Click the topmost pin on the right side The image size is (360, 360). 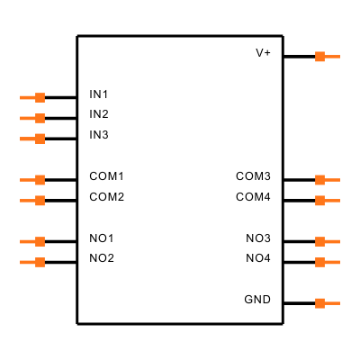click(x=320, y=57)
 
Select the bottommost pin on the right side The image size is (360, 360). click(x=320, y=303)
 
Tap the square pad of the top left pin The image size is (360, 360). click(x=40, y=97)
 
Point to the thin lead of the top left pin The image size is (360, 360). click(x=27, y=97)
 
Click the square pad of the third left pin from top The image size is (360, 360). click(x=40, y=139)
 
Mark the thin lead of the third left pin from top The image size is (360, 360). click(x=27, y=139)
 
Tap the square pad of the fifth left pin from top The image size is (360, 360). click(x=40, y=201)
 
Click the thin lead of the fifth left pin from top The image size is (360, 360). click(x=27, y=201)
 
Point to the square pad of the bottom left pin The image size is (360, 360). click(x=40, y=262)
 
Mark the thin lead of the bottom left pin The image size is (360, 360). click(x=27, y=262)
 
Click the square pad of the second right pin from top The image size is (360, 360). click(x=320, y=180)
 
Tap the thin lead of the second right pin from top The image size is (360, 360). click(x=333, y=180)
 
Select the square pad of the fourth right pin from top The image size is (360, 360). click(x=320, y=241)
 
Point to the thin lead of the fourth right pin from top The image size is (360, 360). click(x=333, y=241)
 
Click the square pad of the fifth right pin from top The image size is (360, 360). click(x=320, y=262)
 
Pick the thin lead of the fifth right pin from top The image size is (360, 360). click(x=333, y=262)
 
